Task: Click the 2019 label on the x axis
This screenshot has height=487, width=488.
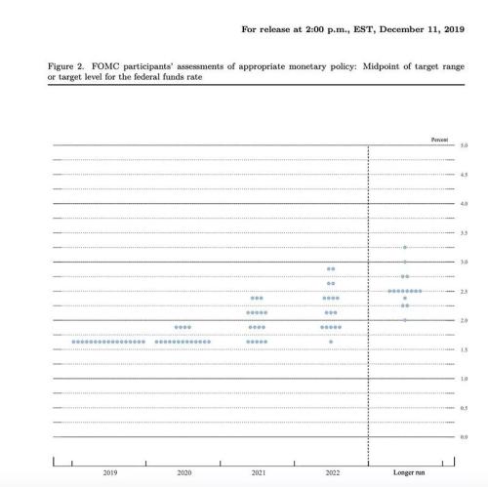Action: tap(109, 473)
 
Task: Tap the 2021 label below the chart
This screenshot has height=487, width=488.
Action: tap(257, 473)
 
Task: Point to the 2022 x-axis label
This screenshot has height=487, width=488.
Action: tap(331, 473)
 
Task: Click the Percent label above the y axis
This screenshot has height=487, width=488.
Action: tap(439, 141)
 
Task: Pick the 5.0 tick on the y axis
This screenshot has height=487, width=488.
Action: tap(464, 145)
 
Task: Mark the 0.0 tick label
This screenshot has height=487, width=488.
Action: tap(464, 436)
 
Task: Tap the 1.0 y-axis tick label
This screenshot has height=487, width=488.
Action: tap(464, 378)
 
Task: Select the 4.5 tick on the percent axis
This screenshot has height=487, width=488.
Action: tap(464, 175)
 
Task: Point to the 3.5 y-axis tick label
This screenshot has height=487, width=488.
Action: tap(464, 233)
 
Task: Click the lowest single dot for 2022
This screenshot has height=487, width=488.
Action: tap(331, 342)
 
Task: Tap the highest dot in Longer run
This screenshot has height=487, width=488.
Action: tap(404, 248)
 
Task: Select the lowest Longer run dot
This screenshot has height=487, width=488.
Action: tap(404, 320)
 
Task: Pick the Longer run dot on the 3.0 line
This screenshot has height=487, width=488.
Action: tap(404, 263)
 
